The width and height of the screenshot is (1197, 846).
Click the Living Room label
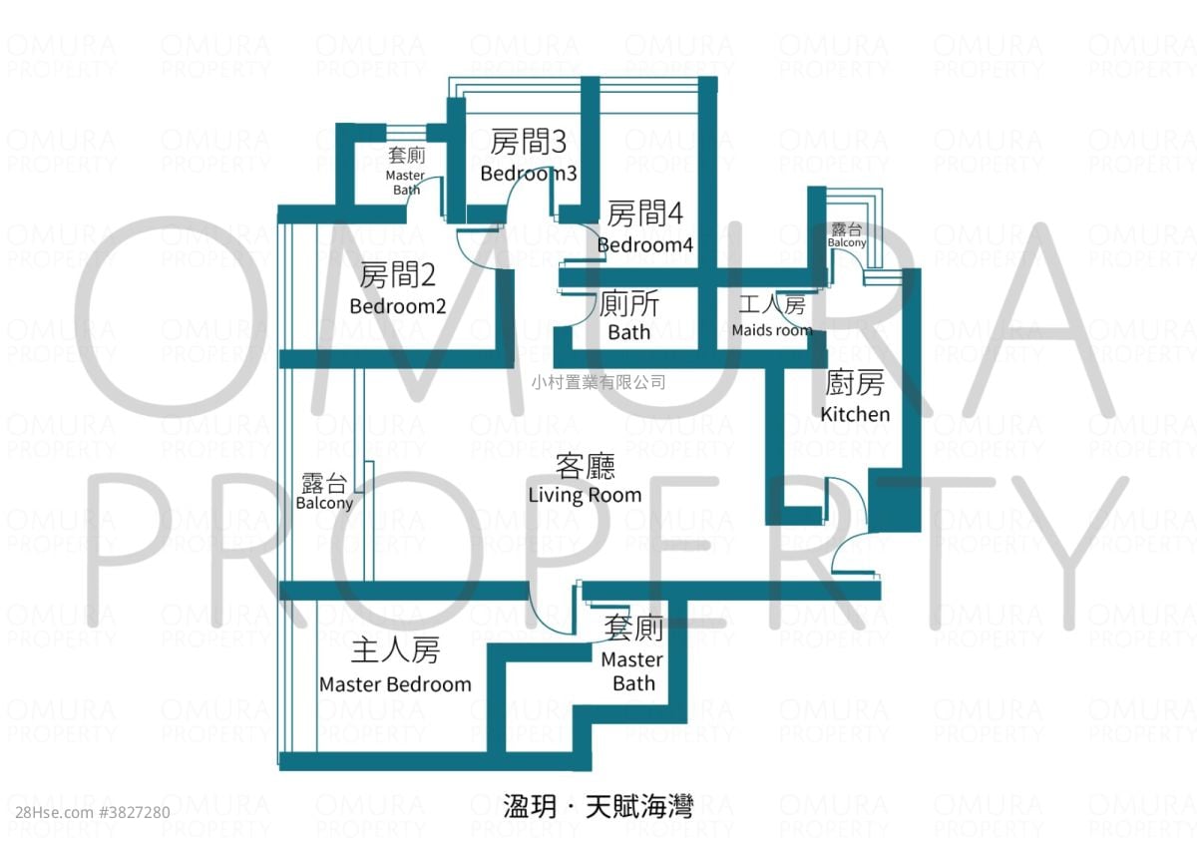coord(585,494)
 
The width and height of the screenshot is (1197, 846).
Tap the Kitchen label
coord(855,413)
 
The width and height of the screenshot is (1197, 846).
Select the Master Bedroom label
coord(395,684)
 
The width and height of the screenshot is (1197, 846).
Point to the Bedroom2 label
coord(397,306)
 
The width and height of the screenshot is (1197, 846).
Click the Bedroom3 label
coord(528,173)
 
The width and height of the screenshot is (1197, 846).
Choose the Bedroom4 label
coord(644,244)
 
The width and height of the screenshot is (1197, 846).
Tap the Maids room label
coord(771,329)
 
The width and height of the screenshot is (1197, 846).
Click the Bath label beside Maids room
coord(628,332)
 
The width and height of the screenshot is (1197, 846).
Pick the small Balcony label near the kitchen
coord(847,242)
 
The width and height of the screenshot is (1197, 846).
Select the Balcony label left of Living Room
coord(324,503)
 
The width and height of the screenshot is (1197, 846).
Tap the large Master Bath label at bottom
coord(632,671)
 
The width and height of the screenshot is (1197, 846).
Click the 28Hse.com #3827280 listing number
coord(88,812)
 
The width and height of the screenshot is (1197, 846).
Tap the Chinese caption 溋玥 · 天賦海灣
coord(598,804)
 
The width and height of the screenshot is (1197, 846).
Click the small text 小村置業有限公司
coord(598,382)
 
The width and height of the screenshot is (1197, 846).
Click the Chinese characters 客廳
coord(585,467)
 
